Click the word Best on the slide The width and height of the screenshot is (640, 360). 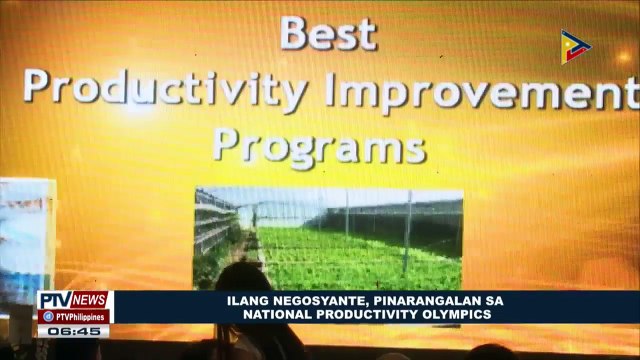pyautogui.click(x=328, y=33)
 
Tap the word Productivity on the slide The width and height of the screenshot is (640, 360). pyautogui.click(x=165, y=93)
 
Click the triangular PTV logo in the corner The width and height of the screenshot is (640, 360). pyautogui.click(x=575, y=46)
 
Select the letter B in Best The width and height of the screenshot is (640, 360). pyautogui.click(x=295, y=33)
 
